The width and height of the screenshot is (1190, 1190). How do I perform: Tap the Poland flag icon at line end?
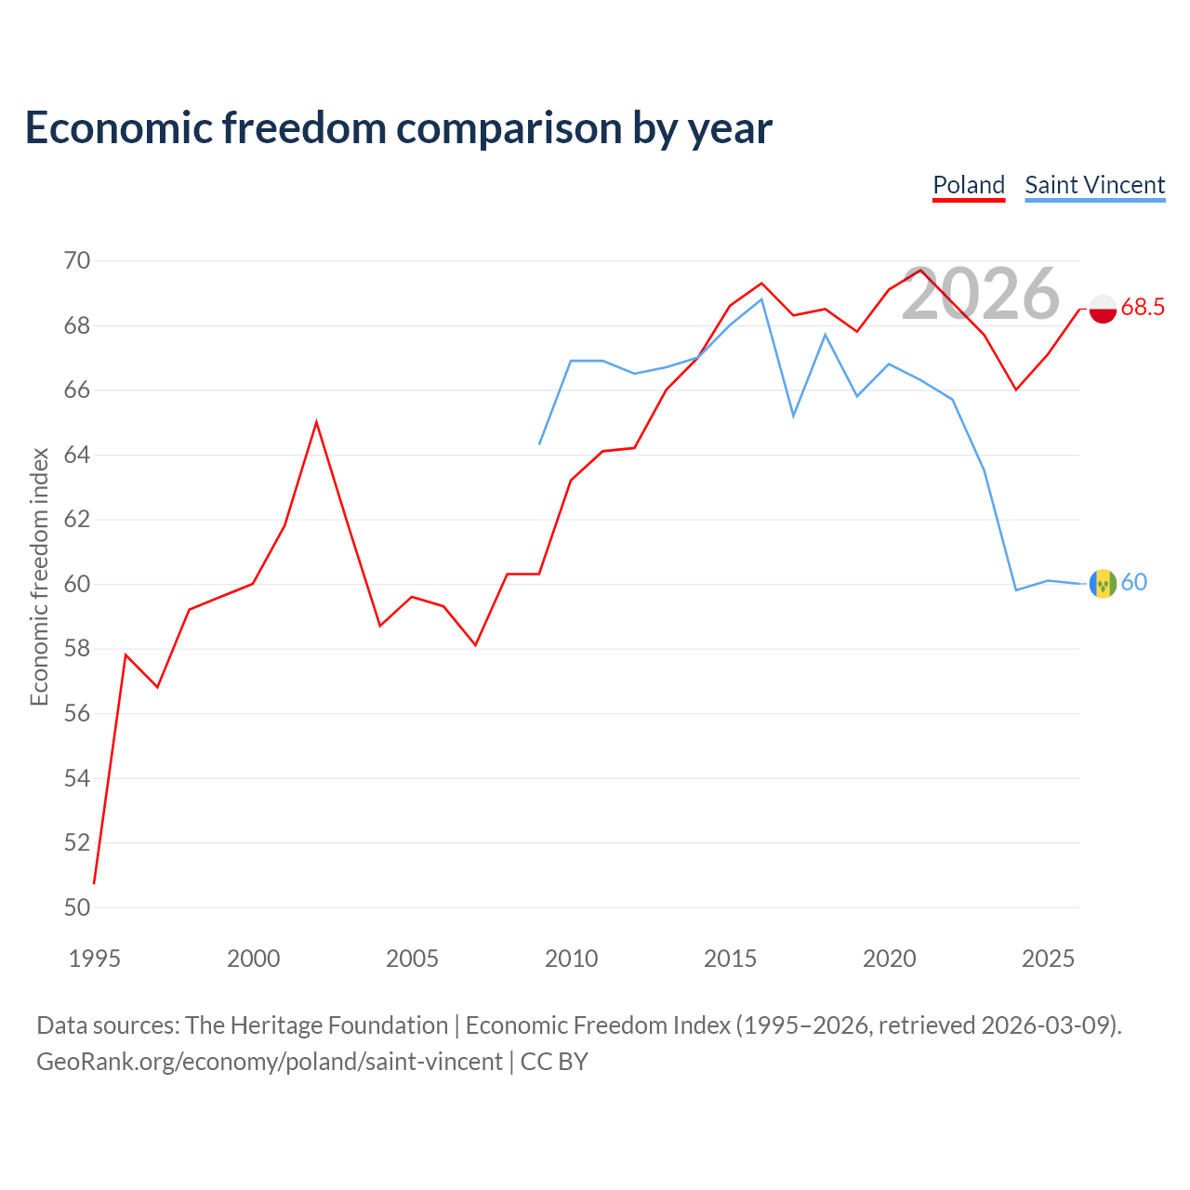[x=1103, y=309]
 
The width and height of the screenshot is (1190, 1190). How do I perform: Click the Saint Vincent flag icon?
[x=1103, y=584]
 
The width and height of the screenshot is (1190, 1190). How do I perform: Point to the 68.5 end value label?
[x=1143, y=307]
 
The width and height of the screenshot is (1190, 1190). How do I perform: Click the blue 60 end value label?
[x=1134, y=582]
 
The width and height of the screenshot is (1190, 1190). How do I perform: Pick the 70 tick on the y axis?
[x=77, y=260]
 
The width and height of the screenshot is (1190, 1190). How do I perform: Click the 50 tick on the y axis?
[x=77, y=907]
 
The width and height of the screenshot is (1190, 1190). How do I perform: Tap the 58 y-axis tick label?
[x=77, y=648]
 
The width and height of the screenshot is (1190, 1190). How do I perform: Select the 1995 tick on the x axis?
[x=95, y=959]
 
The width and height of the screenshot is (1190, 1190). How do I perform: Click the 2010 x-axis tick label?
[x=571, y=959]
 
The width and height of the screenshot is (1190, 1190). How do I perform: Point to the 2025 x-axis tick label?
[x=1048, y=959]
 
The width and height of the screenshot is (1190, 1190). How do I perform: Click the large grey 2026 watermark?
[x=981, y=294]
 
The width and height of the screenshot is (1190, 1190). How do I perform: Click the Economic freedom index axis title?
[x=39, y=576]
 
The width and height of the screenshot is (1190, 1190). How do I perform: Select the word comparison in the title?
[x=509, y=128]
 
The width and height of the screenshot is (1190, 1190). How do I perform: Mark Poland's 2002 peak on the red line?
[x=316, y=422]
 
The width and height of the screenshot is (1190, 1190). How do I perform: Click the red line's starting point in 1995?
[x=94, y=884]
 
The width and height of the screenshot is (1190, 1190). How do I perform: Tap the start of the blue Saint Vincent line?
[x=539, y=444]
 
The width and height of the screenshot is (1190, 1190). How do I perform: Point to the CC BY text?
[x=554, y=1063]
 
